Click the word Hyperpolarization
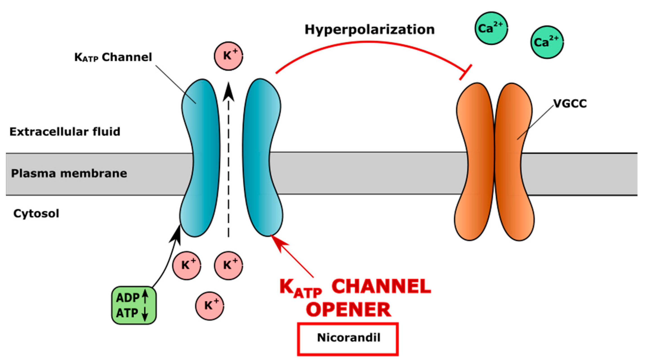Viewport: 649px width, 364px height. point(369,30)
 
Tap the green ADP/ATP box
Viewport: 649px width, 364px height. point(134,305)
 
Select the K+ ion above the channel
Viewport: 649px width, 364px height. point(228,56)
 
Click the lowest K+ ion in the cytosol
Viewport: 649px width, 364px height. point(209,306)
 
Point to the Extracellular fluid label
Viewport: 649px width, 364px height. point(65,132)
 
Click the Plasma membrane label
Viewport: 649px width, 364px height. point(69,173)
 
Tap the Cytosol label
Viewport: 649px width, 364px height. point(36,214)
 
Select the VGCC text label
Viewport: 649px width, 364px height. point(570,104)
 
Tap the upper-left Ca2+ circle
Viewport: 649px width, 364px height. point(491,28)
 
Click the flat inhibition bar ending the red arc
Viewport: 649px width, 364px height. point(465,72)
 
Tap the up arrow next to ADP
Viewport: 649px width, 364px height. point(145,296)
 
